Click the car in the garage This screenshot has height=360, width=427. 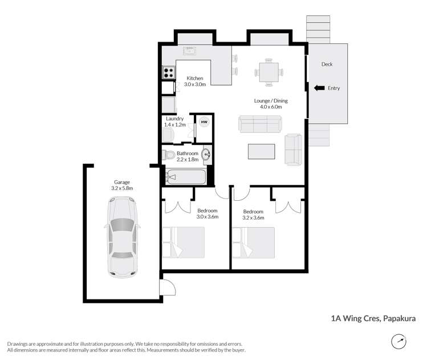click(121, 236)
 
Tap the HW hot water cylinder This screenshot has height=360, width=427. click(204, 122)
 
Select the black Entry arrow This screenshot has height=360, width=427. click(320, 88)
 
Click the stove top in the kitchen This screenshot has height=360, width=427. click(168, 72)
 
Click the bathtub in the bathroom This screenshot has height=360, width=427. click(185, 177)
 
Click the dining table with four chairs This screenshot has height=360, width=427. click(267, 72)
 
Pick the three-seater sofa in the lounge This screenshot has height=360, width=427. click(259, 124)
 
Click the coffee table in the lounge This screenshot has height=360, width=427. click(261, 152)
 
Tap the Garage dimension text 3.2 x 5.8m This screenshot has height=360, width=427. click(122, 188)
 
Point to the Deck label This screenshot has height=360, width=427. click(327, 64)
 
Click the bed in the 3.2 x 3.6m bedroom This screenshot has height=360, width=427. click(253, 242)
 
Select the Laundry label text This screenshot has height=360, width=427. click(174, 119)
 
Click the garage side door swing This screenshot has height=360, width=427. click(167, 287)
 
